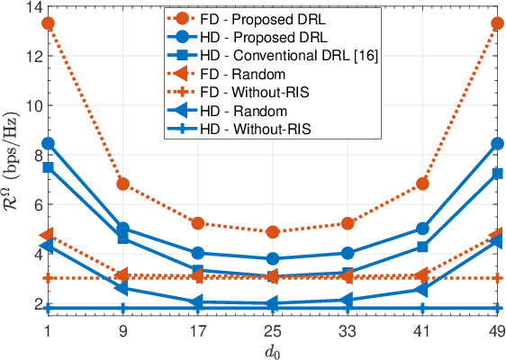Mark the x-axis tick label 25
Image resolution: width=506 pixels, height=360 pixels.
click(x=273, y=330)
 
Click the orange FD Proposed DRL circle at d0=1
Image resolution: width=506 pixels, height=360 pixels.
click(x=48, y=22)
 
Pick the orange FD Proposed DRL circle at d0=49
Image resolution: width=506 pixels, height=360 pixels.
click(x=497, y=22)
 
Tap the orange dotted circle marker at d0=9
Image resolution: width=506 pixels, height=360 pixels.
click(x=123, y=184)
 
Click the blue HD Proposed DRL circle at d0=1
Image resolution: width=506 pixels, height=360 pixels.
click(x=48, y=143)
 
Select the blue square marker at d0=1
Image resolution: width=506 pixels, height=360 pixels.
click(x=48, y=167)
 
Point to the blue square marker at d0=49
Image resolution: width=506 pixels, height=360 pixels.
click(x=497, y=173)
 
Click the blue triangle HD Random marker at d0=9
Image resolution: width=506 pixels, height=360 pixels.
click(x=122, y=288)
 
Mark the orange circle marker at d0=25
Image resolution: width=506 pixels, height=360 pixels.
click(x=273, y=232)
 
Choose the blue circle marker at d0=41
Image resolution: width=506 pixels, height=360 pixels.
click(x=422, y=229)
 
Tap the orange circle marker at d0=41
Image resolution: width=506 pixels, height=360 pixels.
click(x=422, y=184)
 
